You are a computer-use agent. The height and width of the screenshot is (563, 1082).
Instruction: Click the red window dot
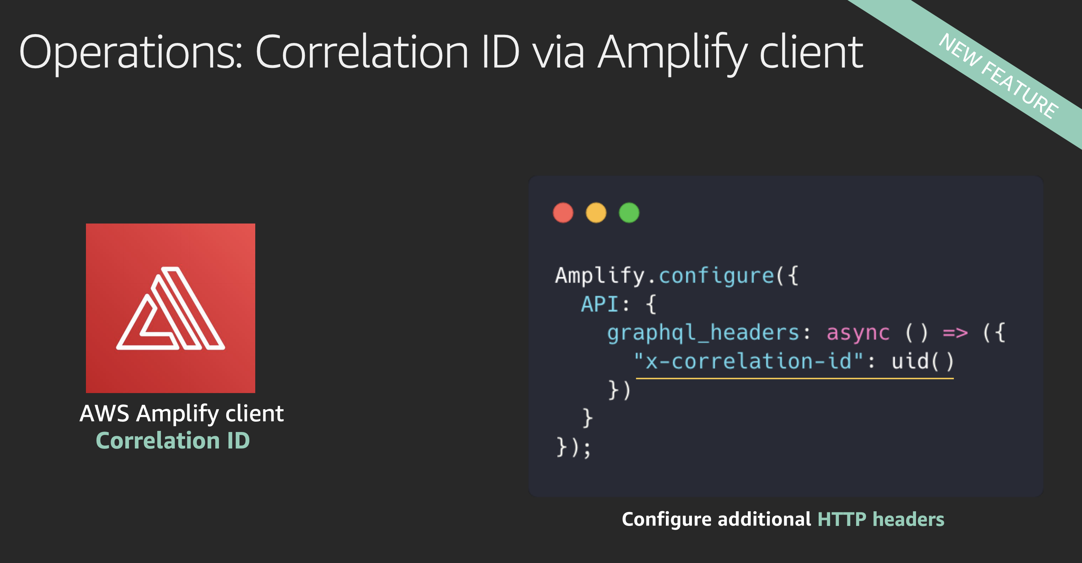tap(563, 213)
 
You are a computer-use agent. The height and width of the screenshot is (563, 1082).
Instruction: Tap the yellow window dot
tap(596, 213)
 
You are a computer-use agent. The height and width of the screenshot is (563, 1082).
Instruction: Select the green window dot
tap(629, 213)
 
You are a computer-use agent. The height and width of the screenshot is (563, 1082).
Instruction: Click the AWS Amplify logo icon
tap(170, 308)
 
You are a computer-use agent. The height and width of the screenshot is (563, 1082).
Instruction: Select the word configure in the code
tap(716, 276)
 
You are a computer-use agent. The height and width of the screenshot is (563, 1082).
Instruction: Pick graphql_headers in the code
tap(703, 333)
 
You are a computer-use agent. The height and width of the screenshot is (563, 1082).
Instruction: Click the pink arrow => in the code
tap(955, 333)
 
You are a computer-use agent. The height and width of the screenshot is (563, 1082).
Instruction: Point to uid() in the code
tap(922, 361)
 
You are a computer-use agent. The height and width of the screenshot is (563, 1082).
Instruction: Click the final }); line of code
tap(573, 447)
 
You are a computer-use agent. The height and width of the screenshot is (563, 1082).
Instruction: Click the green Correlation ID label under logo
tap(173, 440)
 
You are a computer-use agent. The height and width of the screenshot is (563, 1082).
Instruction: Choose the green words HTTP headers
tap(880, 519)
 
